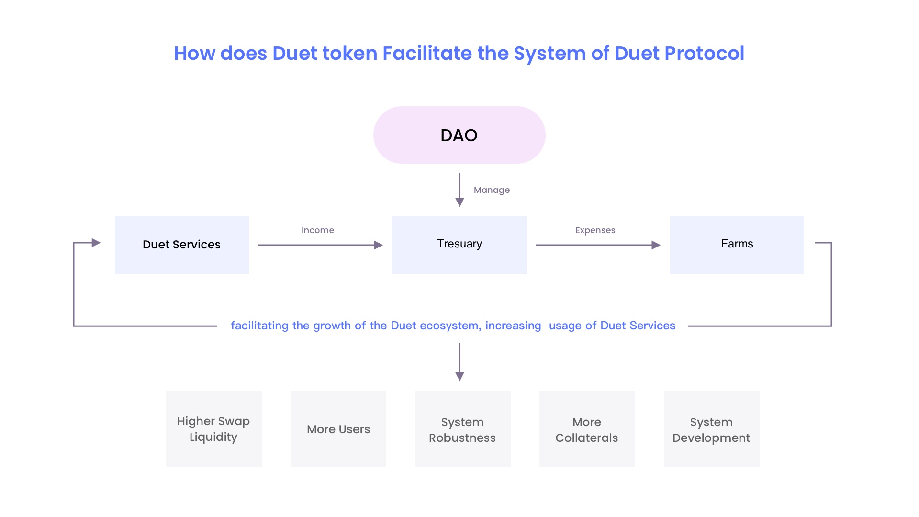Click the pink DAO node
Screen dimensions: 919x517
[459, 135]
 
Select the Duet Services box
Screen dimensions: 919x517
[182, 245]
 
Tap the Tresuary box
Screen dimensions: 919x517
[459, 245]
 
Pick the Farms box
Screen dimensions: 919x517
[737, 245]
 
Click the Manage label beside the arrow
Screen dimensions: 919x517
[492, 190]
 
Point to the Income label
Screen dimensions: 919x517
[318, 230]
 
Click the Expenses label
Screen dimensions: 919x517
[595, 230]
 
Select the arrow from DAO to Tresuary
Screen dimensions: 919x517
[459, 190]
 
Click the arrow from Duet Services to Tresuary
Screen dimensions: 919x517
[321, 245]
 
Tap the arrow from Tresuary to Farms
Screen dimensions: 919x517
[598, 245]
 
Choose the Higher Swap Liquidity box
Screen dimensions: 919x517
[214, 429]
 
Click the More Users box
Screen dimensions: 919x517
[338, 429]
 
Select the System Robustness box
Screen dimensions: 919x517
[463, 429]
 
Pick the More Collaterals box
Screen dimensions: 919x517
[587, 429]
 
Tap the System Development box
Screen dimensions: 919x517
[712, 429]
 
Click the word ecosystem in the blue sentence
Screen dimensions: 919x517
[450, 326]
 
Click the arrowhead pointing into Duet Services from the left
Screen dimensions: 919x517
[96, 243]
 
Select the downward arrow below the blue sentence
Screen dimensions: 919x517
[459, 362]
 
